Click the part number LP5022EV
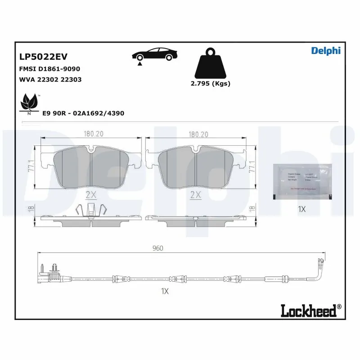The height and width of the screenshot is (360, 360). tap(43, 57)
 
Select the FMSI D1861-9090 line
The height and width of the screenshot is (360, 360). tap(49, 69)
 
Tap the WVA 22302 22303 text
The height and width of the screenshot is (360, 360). tap(50, 80)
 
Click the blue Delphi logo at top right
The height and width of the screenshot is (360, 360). tap(326, 51)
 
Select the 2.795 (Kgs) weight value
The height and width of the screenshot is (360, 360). tap(210, 84)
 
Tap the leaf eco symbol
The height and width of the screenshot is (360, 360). tap(29, 103)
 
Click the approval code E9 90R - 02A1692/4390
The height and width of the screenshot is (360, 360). tap(83, 113)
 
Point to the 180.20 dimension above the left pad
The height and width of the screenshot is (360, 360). tap(91, 134)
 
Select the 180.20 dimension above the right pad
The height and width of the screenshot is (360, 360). tap(198, 134)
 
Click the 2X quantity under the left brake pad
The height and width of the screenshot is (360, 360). tap(91, 195)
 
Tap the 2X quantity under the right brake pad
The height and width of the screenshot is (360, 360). tap(195, 195)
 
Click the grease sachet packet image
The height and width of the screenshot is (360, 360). tap(302, 180)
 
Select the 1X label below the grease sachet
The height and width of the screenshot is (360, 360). tap(302, 209)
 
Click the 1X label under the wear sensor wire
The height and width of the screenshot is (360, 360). tap(164, 291)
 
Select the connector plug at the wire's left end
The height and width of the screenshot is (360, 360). tap(53, 273)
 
